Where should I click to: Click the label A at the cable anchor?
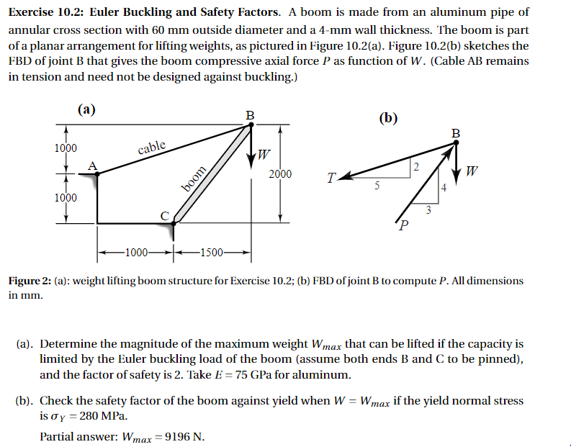(91, 165)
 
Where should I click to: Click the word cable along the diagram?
(151, 148)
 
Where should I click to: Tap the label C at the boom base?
(164, 215)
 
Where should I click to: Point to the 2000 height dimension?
(280, 174)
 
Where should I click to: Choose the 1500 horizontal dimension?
(212, 252)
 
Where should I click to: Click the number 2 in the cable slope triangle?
(416, 167)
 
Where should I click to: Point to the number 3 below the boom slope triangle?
(428, 209)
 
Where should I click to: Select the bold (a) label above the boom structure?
(86, 109)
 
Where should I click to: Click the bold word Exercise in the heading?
(34, 12)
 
